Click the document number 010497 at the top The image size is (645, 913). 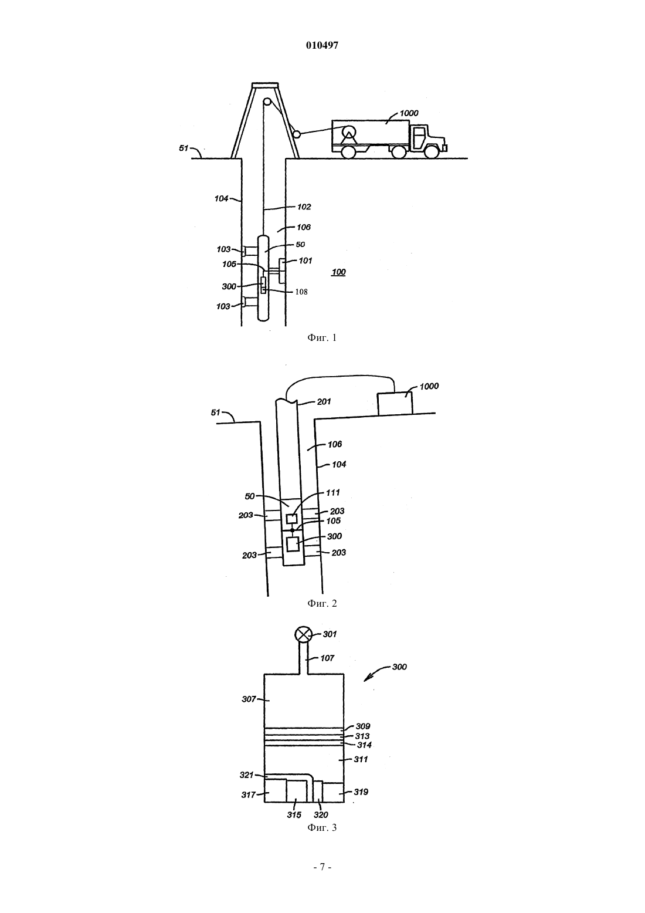click(x=322, y=45)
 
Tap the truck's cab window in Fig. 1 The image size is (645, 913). click(x=419, y=134)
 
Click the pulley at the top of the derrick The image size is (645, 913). click(x=267, y=102)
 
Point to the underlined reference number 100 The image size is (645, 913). click(x=339, y=272)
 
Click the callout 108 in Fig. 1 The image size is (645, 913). click(x=301, y=292)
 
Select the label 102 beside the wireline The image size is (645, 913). click(x=304, y=207)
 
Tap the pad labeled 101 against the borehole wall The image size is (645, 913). click(x=282, y=270)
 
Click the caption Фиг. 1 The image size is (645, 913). click(x=322, y=337)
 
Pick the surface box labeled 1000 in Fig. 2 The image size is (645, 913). click(x=395, y=404)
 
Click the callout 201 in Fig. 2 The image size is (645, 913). click(x=324, y=402)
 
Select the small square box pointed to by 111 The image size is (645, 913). click(x=291, y=519)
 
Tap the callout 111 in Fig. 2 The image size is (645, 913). click(x=332, y=493)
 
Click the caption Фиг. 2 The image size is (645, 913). click(x=322, y=603)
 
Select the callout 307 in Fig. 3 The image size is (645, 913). click(x=249, y=699)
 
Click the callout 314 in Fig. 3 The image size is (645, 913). click(x=364, y=745)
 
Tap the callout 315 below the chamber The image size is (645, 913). click(x=294, y=815)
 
